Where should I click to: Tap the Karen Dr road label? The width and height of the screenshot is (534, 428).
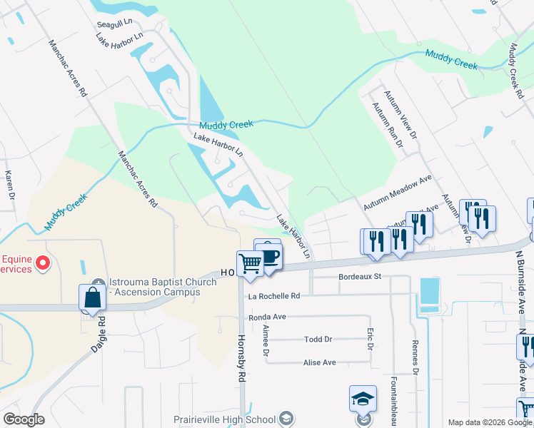point(10,184)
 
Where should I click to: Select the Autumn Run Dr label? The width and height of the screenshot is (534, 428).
point(386,124)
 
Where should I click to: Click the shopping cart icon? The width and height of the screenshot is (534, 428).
point(251,264)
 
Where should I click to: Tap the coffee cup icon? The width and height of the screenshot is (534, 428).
point(269,255)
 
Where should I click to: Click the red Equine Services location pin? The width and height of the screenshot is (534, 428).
point(43,263)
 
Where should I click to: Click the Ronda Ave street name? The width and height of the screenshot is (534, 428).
point(267,317)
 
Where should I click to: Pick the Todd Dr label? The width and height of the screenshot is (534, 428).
point(318,340)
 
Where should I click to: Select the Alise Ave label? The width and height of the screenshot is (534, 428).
point(319,362)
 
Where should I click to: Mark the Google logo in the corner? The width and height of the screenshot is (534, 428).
point(24,419)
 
